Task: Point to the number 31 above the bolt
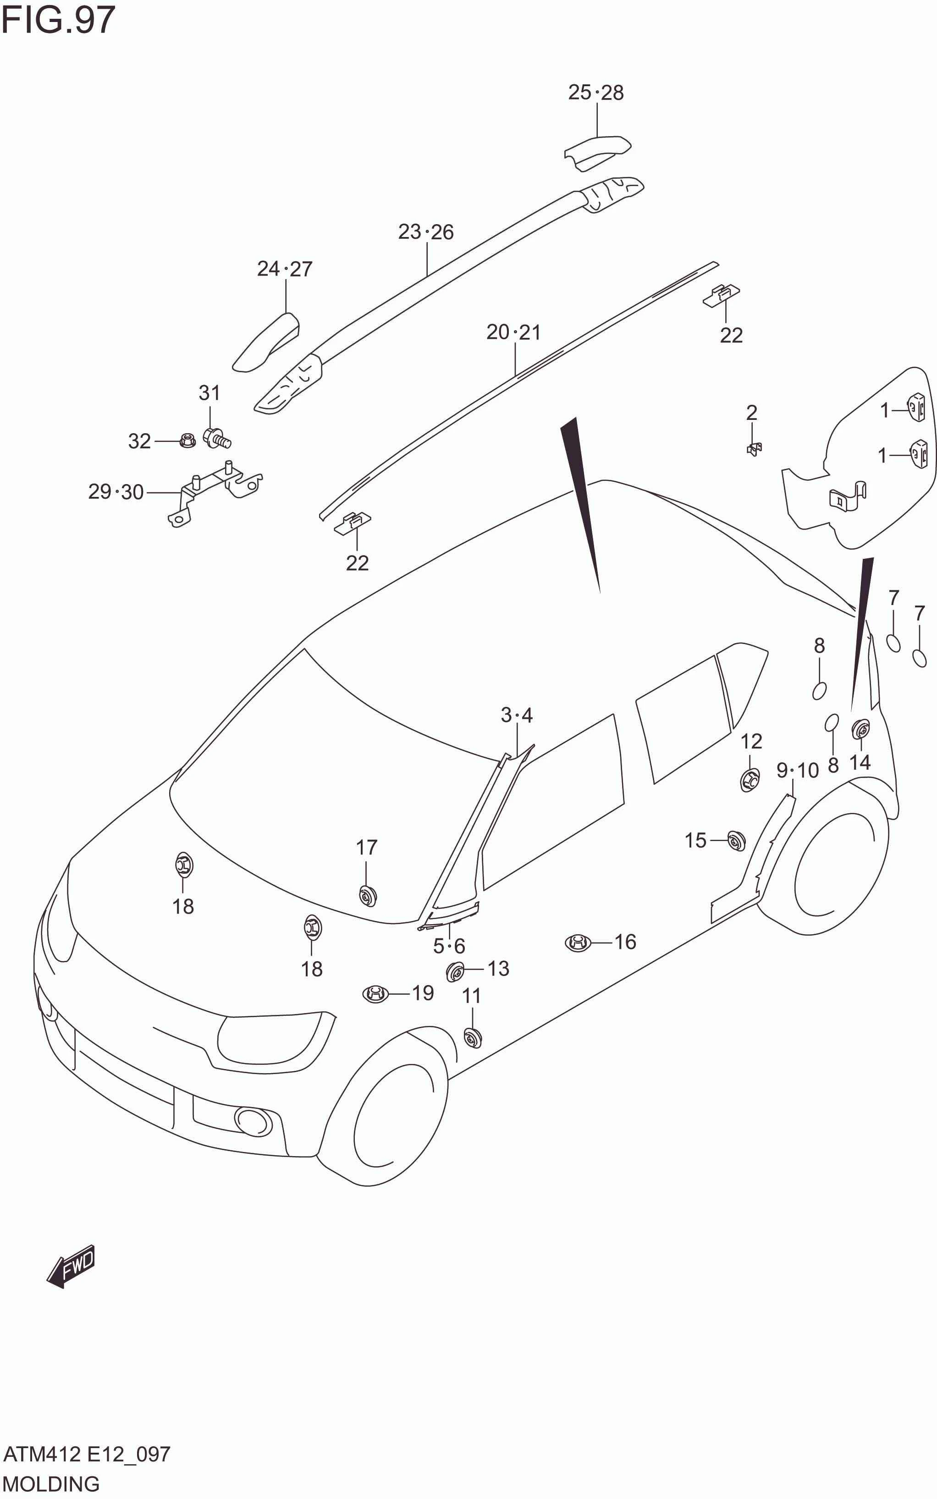pyautogui.click(x=209, y=393)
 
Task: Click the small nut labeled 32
pyautogui.click(x=187, y=441)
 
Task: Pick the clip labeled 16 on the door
pyautogui.click(x=578, y=942)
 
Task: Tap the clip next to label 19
pyautogui.click(x=375, y=994)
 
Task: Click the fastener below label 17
pyautogui.click(x=368, y=895)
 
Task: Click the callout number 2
pyautogui.click(x=752, y=413)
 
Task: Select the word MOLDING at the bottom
pyautogui.click(x=51, y=1484)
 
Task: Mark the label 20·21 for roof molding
pyautogui.click(x=514, y=333)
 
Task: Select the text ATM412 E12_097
pyautogui.click(x=87, y=1454)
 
